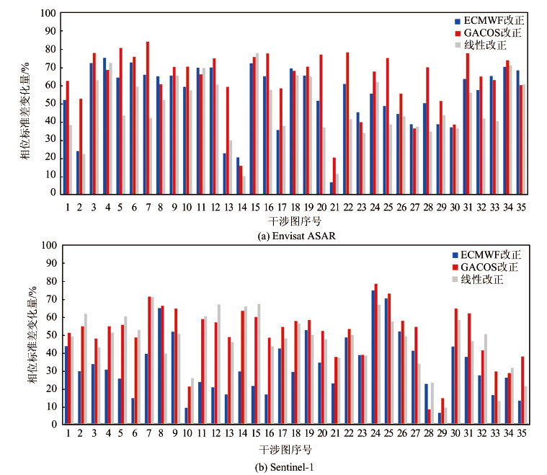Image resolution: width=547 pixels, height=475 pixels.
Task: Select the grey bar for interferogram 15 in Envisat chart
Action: [x=257, y=123]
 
